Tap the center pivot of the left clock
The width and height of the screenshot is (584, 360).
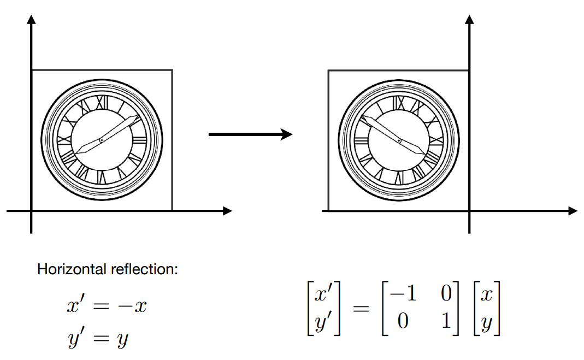(101, 141)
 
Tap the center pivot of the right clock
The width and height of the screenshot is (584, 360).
(399, 141)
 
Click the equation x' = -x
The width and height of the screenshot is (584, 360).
(107, 306)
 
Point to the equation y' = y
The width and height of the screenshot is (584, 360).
(98, 340)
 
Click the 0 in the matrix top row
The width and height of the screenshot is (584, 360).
(446, 295)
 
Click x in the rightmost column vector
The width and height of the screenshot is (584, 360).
(487, 296)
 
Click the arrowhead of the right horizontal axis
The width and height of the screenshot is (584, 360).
(572, 211)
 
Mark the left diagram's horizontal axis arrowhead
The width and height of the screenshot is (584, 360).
(227, 211)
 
